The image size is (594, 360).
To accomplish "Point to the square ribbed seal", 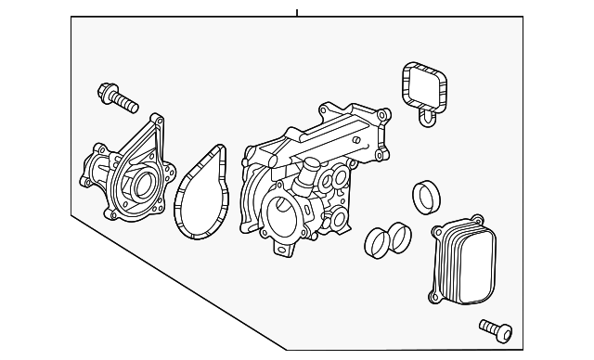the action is click(x=424, y=86).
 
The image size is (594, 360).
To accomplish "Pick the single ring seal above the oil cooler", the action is click(x=428, y=197).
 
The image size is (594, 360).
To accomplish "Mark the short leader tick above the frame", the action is click(x=297, y=12).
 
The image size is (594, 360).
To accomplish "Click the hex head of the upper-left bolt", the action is click(x=105, y=91).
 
